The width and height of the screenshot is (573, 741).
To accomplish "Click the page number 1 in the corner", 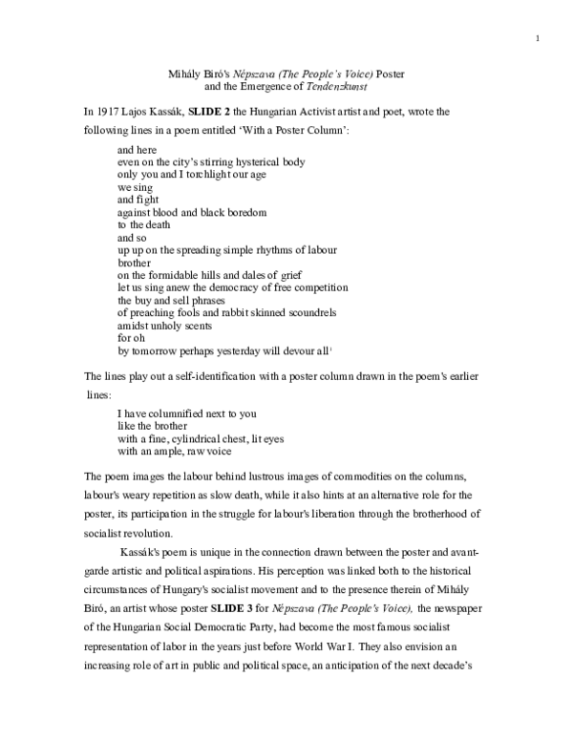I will click(x=539, y=38).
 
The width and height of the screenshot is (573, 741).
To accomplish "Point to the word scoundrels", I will click(x=308, y=312).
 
